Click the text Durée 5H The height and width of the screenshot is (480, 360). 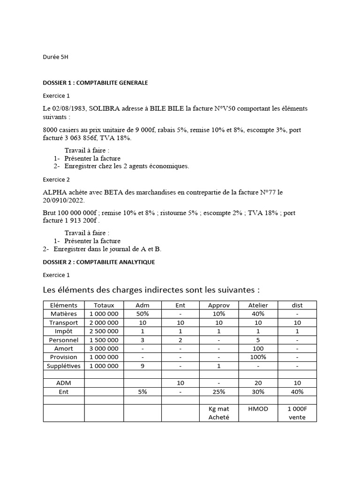(x=55, y=57)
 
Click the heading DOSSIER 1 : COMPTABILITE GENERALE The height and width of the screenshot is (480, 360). (x=95, y=83)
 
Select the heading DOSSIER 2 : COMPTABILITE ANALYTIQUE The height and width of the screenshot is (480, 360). (x=98, y=262)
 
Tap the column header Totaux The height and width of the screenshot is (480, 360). (x=104, y=305)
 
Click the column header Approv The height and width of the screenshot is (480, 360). (x=218, y=305)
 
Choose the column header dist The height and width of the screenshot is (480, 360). (x=297, y=305)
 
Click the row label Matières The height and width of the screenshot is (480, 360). (x=63, y=314)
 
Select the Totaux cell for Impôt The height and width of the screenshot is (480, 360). (x=104, y=331)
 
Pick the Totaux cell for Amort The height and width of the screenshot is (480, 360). (x=104, y=349)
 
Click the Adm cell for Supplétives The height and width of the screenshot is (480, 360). (x=142, y=366)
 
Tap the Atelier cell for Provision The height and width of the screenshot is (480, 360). (x=258, y=357)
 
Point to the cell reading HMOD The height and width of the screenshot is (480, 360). (x=258, y=409)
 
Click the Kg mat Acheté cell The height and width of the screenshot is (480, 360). (x=218, y=413)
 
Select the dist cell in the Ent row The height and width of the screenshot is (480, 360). (x=297, y=392)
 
